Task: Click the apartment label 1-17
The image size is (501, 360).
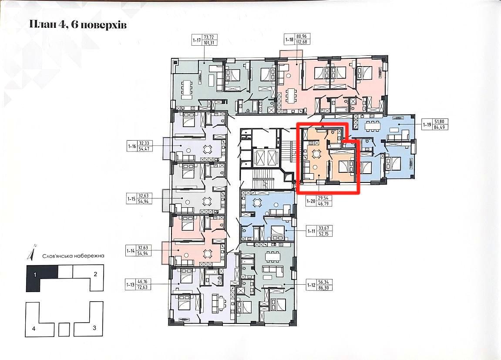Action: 196,40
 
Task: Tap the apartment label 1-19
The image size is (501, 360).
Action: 427,124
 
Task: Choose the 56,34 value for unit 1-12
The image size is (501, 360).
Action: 323,282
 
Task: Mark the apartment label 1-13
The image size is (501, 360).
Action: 130,284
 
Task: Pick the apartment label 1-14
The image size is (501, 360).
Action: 131,251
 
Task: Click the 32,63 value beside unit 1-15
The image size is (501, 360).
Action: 143,196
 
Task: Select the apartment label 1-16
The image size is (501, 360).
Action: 131,146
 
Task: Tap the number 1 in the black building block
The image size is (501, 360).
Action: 35,275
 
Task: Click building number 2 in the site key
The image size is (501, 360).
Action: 95,274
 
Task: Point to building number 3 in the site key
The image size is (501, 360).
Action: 94,328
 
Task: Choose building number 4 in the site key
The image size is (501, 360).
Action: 34,328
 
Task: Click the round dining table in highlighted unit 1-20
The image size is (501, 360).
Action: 316,154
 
